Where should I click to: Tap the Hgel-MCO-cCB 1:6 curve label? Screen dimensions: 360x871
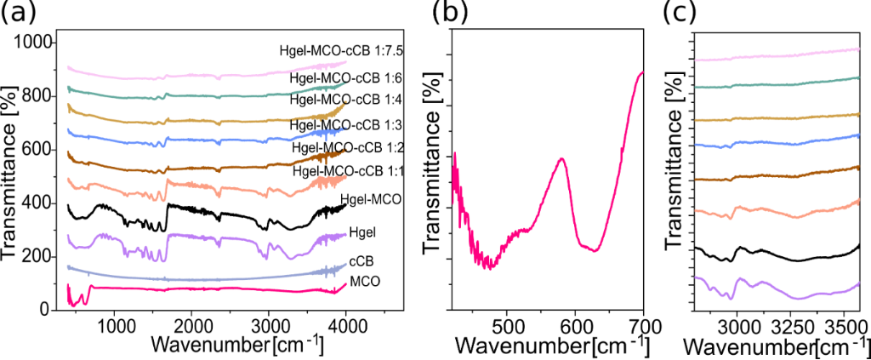[343, 78]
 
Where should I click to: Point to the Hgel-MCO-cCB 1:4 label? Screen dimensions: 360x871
[343, 99]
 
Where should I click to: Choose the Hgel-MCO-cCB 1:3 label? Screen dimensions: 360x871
[344, 125]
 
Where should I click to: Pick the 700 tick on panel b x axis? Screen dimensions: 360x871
[644, 325]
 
